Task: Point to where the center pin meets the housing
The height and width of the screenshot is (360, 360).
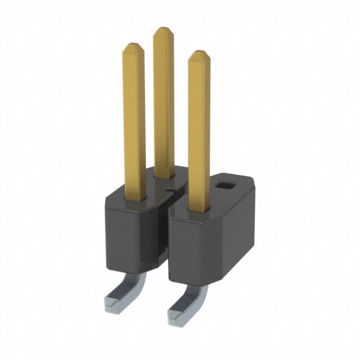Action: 163,177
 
